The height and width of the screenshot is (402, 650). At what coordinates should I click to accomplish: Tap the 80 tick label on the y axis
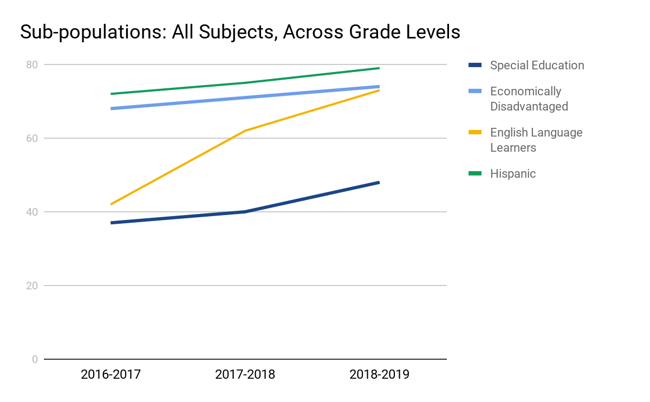pos(32,64)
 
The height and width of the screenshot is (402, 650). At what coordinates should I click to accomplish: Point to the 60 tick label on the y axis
pos(32,138)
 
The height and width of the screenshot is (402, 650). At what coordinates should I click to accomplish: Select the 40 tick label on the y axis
pos(32,212)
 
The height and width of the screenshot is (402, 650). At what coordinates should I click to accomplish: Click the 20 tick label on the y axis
pos(32,286)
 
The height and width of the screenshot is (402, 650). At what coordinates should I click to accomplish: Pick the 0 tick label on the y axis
pos(35,359)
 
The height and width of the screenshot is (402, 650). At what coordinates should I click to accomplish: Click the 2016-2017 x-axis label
pos(110,374)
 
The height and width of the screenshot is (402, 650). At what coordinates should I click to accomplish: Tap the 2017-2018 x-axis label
pos(245,374)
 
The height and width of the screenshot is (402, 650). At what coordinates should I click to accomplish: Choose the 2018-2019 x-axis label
pos(379,374)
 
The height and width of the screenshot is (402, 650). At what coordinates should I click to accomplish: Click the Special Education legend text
pos(537,66)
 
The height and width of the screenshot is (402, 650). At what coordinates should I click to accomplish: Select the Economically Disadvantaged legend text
pos(529,99)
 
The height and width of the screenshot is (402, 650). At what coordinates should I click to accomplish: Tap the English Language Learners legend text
pos(536,140)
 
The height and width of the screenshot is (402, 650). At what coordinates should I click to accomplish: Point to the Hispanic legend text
pos(512,174)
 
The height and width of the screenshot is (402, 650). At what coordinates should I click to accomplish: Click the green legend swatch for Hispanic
pos(475,173)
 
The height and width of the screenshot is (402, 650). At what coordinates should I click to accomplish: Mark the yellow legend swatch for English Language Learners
pos(475,132)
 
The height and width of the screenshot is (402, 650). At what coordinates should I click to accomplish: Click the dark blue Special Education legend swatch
pos(475,65)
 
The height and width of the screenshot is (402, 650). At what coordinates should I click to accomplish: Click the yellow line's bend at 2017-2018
pos(245,131)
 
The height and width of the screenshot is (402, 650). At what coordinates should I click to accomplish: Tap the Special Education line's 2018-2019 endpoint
pos(379,183)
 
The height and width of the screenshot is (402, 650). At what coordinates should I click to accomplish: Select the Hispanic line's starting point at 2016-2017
pos(110,94)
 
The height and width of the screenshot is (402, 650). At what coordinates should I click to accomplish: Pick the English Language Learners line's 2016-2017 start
pos(110,204)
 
